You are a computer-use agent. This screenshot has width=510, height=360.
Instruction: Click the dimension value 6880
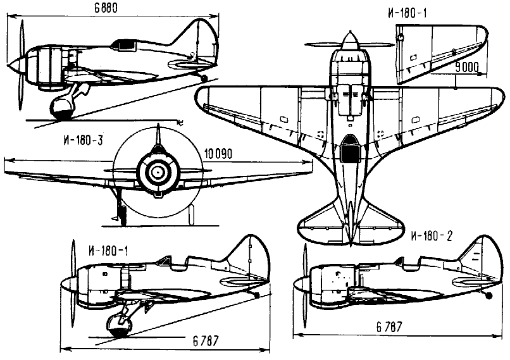click(106, 8)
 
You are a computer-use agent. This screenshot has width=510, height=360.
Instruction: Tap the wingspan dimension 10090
click(218, 154)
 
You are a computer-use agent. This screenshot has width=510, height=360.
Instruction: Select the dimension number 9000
click(467, 67)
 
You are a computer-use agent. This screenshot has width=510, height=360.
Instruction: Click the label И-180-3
click(84, 140)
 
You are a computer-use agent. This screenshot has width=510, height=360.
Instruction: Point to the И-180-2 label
click(432, 236)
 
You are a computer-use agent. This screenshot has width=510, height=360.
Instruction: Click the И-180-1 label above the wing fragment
click(407, 13)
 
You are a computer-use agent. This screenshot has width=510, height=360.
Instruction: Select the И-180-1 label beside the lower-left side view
click(108, 251)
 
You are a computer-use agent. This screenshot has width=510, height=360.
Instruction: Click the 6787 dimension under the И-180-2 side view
click(389, 326)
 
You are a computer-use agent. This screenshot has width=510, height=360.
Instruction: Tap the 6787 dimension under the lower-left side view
click(206, 340)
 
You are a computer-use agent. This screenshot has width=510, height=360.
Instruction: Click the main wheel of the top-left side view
click(63, 108)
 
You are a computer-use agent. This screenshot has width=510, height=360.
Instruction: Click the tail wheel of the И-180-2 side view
click(488, 295)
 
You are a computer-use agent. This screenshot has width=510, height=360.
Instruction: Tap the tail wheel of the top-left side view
click(204, 78)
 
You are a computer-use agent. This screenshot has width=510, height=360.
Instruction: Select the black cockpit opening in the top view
click(349, 153)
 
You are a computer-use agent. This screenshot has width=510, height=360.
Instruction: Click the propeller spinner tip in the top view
click(350, 32)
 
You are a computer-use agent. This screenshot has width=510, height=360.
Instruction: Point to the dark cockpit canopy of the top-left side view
click(127, 44)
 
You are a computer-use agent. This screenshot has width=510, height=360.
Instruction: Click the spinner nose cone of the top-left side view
click(14, 65)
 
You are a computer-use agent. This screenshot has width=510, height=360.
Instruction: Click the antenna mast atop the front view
click(158, 133)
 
